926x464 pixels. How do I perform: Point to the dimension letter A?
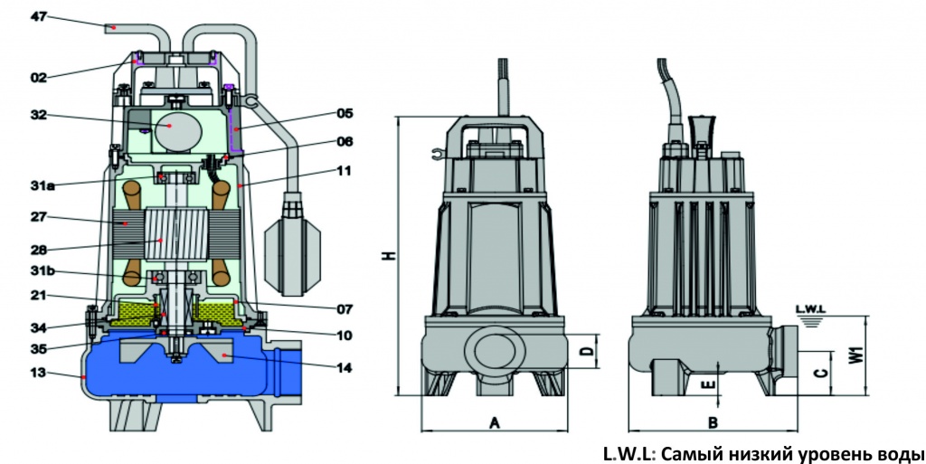pos(495,422)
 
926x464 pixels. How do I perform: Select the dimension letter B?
pos(713,422)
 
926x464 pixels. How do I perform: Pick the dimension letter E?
pos(708,384)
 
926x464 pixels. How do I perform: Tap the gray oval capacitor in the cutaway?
pos(176,129)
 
